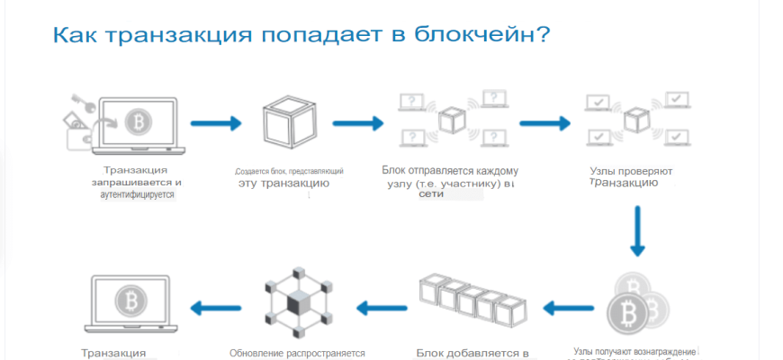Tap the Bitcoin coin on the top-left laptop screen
click(x=138, y=121)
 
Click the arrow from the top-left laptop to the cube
click(x=215, y=123)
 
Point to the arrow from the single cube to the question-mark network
click(x=358, y=123)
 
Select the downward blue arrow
click(x=637, y=231)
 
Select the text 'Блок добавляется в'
click(x=472, y=352)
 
